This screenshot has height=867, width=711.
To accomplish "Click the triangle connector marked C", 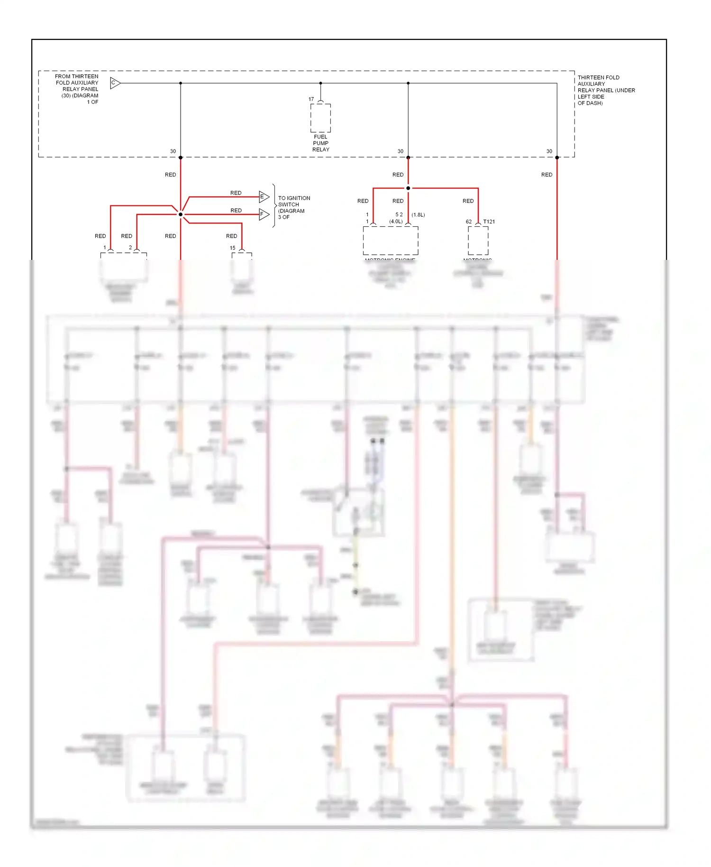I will (x=115, y=83).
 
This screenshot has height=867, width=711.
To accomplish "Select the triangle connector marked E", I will (x=264, y=197).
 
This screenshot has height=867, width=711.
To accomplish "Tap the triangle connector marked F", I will (x=264, y=214).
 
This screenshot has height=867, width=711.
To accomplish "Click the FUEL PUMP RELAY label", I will (x=320, y=143).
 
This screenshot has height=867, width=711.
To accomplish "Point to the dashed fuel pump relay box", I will (x=320, y=118).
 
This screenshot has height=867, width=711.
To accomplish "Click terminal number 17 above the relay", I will (x=311, y=100).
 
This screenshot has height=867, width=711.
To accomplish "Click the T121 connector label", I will (x=489, y=221).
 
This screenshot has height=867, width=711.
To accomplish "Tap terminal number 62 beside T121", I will (x=468, y=221).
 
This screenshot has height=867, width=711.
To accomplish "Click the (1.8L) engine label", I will (x=418, y=215).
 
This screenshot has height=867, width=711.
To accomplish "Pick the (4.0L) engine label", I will (x=396, y=221).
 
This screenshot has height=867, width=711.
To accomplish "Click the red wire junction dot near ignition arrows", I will (x=181, y=214).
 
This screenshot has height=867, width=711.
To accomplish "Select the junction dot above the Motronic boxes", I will (x=408, y=188).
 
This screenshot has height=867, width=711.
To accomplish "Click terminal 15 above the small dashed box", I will (x=232, y=248).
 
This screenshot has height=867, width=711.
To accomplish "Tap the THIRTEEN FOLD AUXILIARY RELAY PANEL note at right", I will (x=605, y=90).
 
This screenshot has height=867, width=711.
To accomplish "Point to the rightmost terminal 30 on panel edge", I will (x=549, y=152).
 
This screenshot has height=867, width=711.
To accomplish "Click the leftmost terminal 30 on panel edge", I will (x=173, y=152).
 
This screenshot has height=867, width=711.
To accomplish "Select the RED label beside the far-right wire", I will (x=547, y=175).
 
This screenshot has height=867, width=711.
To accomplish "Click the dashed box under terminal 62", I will (x=478, y=241).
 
